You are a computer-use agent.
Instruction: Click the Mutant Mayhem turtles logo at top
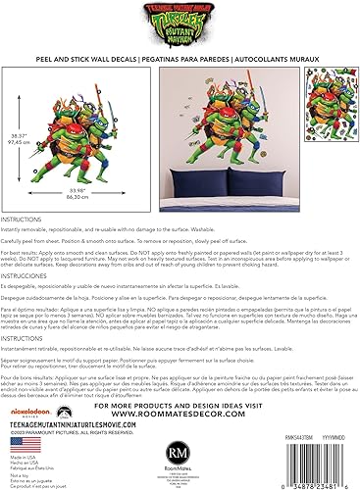click(180, 19)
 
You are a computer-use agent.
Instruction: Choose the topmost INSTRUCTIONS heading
click(22, 221)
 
